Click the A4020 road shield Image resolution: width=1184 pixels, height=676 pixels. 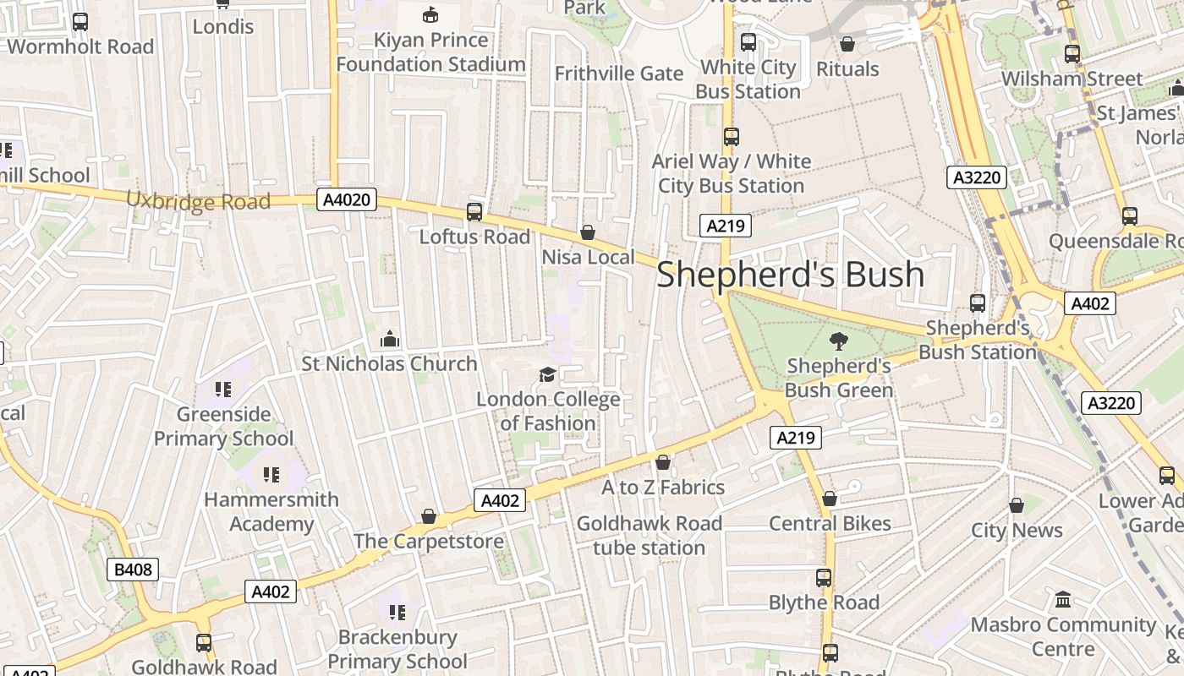coord(347,200)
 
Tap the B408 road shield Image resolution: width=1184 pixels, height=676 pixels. coord(133,570)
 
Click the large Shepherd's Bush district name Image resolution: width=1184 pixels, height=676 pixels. coord(790,275)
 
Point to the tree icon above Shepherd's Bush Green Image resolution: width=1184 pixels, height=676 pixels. coord(838,341)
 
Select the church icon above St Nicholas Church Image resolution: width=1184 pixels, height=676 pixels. coord(390,339)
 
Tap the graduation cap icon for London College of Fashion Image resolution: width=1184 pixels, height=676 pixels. coord(548,374)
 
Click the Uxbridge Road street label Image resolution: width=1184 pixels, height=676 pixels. coord(198,201)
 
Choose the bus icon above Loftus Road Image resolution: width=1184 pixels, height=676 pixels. coord(474,212)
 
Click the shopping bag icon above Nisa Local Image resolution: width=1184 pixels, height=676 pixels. coord(588,232)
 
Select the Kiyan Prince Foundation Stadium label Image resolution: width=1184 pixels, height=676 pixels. coord(431,52)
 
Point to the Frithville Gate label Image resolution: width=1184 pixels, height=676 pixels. coord(619,74)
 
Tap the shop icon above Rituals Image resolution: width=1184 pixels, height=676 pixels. coord(847,44)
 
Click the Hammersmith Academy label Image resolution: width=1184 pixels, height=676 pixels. coord(271,511)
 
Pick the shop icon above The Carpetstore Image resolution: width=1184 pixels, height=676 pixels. coord(429,516)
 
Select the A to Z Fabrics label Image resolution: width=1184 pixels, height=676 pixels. coord(663,488)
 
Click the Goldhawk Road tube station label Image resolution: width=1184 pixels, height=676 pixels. coord(649,535)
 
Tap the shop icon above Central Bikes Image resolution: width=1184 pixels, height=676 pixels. coord(830,499)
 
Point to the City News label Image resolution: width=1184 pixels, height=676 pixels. coord(1017,530)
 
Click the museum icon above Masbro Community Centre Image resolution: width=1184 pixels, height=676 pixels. coord(1063,600)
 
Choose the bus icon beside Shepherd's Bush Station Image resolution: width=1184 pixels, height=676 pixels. coord(978,303)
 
